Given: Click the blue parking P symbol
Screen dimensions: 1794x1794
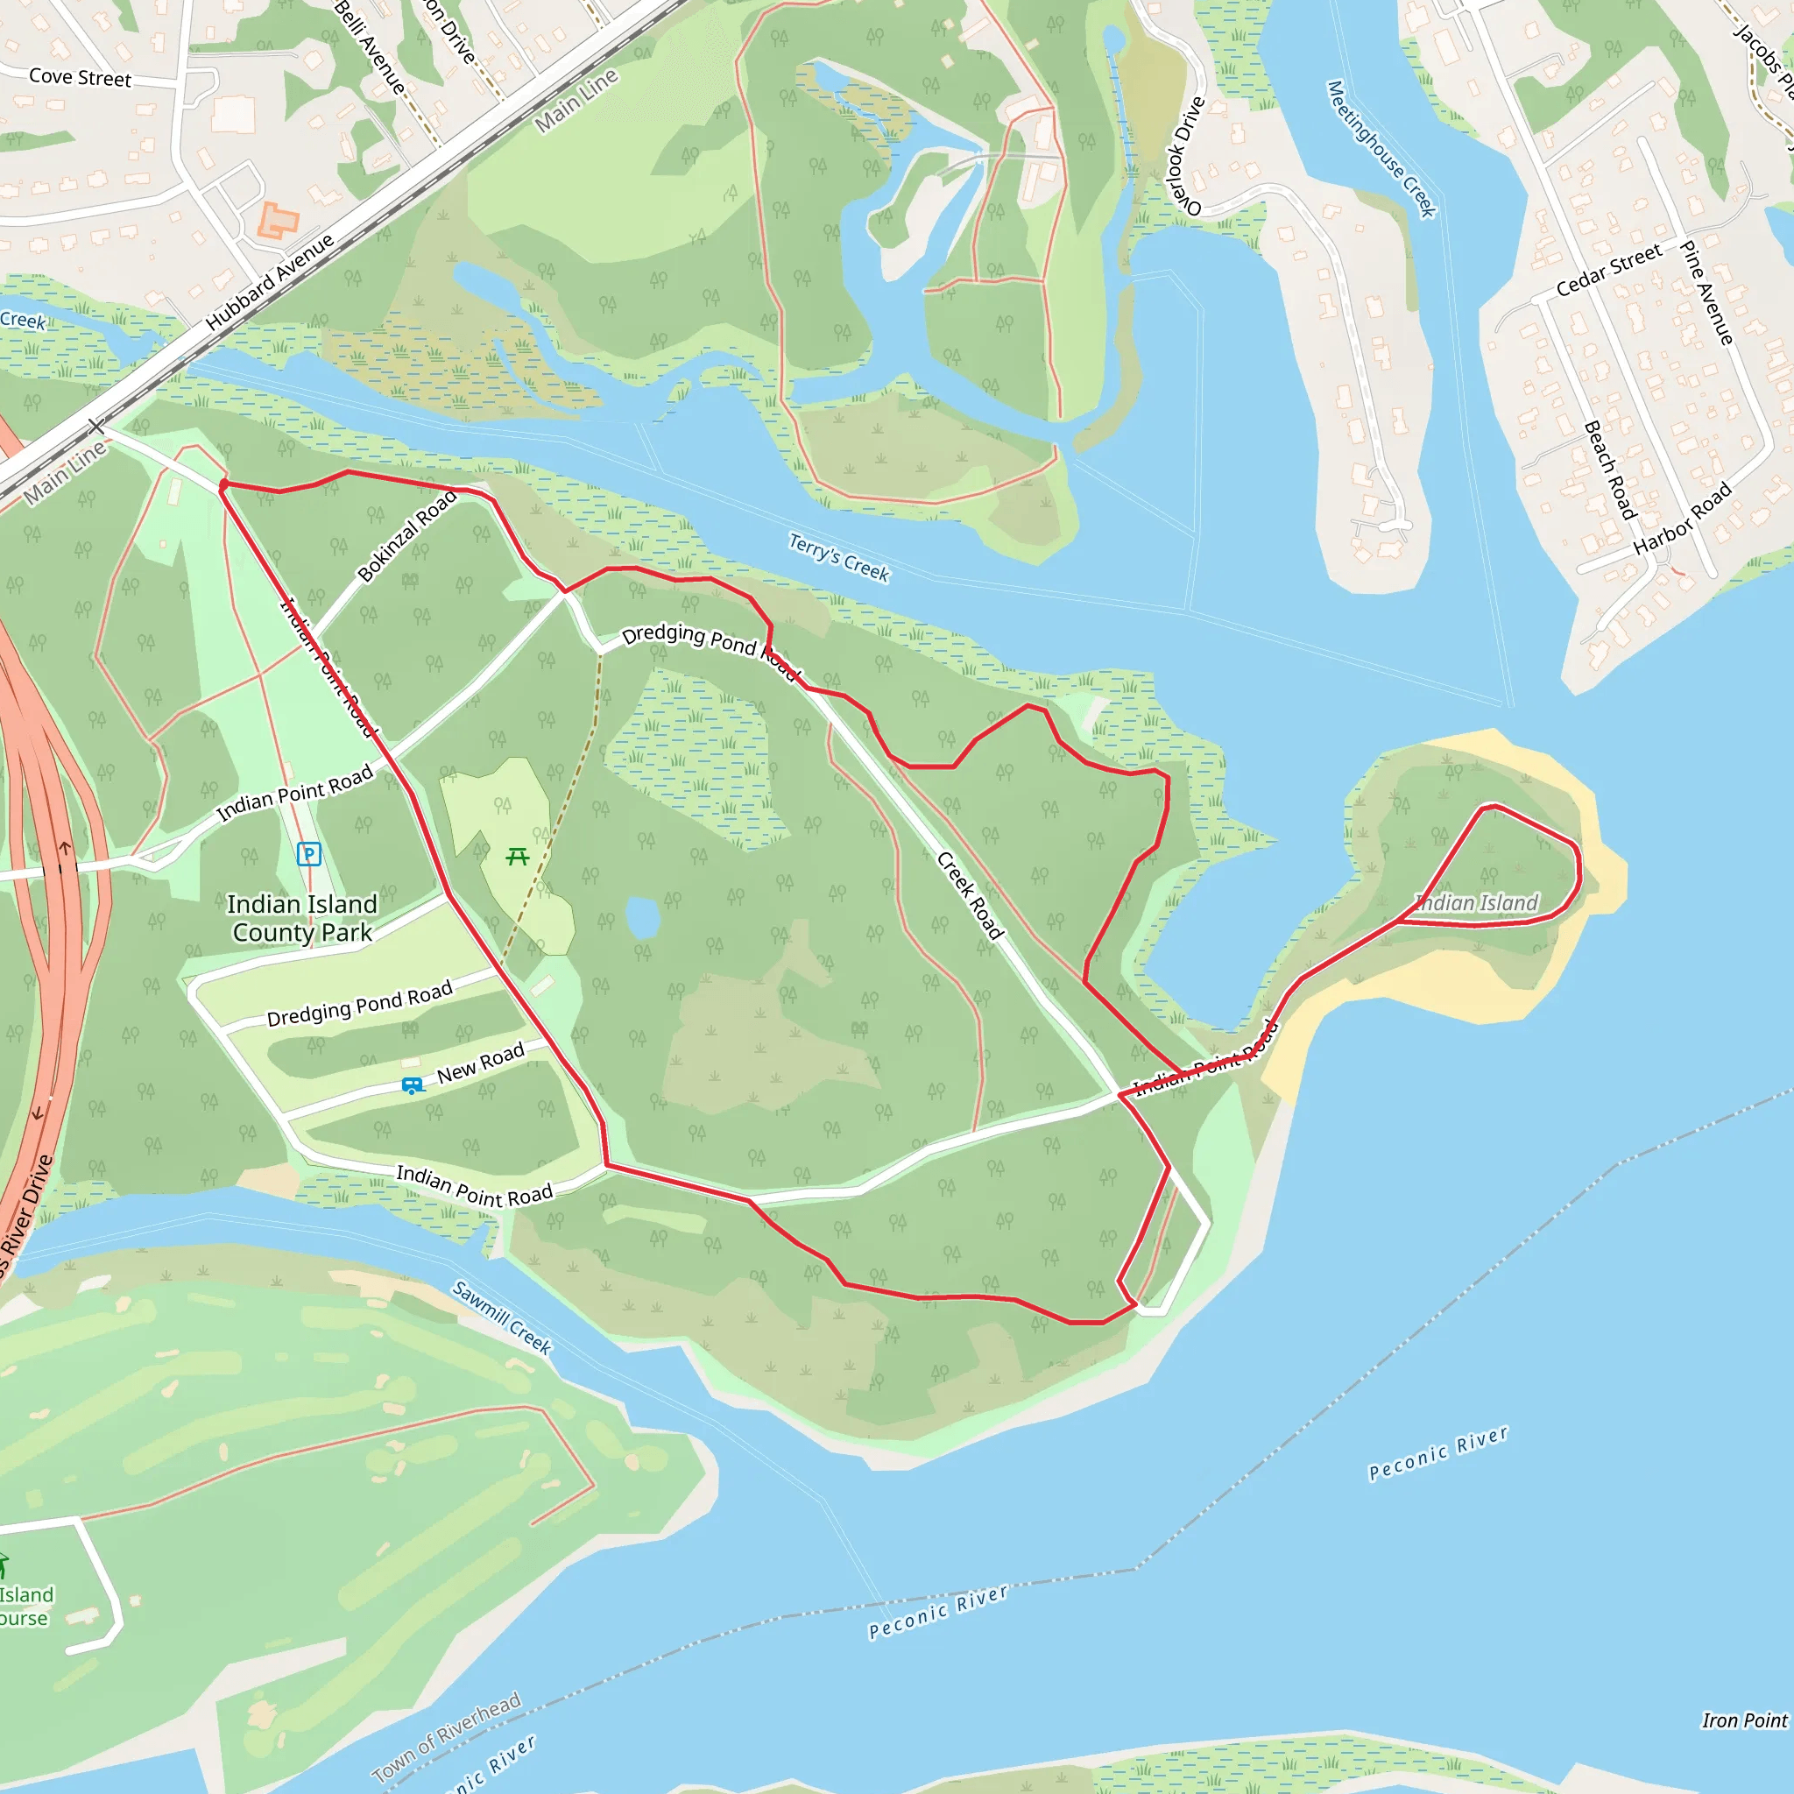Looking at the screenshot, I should tap(308, 853).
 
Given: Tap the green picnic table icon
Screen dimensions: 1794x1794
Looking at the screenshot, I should tap(517, 856).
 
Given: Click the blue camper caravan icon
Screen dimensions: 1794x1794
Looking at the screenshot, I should tap(413, 1084).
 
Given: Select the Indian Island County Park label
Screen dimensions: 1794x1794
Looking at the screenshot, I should tap(302, 917).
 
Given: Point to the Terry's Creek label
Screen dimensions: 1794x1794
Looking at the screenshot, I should tap(838, 556).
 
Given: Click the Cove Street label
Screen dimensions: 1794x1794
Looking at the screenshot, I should tap(80, 77).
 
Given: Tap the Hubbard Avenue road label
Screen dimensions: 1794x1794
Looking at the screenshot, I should tap(269, 282).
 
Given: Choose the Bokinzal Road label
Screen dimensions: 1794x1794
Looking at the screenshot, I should tap(407, 535).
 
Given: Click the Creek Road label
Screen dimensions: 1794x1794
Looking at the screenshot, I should tap(970, 895).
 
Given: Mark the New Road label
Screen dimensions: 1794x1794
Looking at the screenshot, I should tap(480, 1063).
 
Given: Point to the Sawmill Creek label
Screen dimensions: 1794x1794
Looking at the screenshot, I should tap(501, 1317).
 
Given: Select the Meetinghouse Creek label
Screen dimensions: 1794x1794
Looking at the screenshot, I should tap(1381, 149).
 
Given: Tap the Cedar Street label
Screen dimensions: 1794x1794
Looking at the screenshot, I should tap(1608, 270).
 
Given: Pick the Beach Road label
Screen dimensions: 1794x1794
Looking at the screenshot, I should tap(1609, 469).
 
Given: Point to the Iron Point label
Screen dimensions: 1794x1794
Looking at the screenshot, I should tap(1744, 1720).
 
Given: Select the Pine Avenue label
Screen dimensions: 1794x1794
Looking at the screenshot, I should tap(1706, 293).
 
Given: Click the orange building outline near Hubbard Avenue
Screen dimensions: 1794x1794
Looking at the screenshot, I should tap(278, 221).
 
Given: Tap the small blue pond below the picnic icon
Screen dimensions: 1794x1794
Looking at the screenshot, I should tap(643, 916).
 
